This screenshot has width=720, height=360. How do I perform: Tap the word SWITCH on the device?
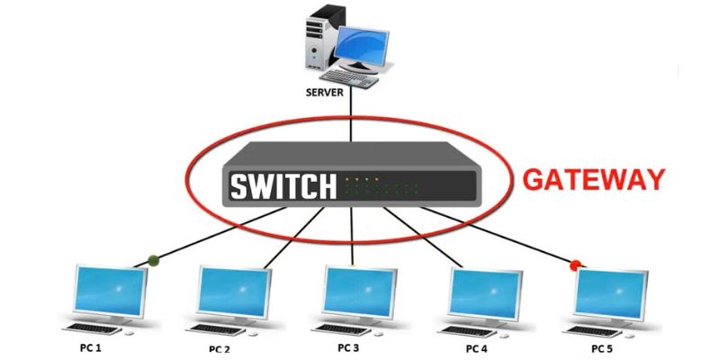(283, 186)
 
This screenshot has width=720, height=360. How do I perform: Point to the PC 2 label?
(220, 347)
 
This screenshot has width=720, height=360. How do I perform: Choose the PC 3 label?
(348, 346)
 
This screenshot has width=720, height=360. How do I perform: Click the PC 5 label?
(602, 347)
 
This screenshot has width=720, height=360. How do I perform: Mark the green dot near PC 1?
(154, 261)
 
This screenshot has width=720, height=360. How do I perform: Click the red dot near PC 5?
(575, 265)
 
